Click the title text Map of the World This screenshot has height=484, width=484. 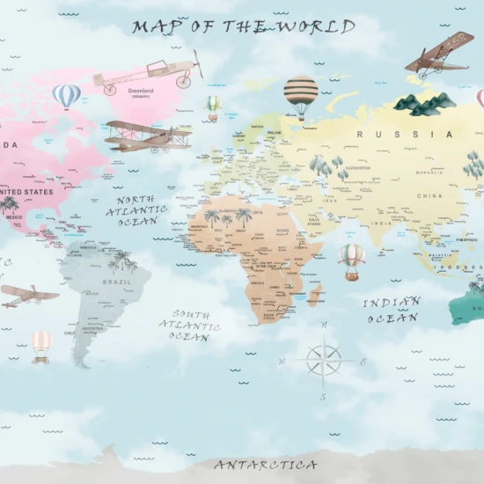[244, 26]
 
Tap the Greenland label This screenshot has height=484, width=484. [141, 91]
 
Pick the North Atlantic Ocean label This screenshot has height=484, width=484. [137, 210]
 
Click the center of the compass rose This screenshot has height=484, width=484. [323, 361]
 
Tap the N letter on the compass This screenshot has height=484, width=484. [324, 325]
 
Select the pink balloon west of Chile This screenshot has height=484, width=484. [41, 344]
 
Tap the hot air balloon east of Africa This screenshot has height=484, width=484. [351, 260]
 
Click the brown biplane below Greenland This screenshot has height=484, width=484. [148, 136]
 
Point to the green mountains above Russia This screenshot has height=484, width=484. [424, 105]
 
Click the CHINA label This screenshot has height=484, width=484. [429, 195]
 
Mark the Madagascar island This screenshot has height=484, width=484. [314, 294]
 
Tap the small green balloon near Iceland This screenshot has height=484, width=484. [213, 106]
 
